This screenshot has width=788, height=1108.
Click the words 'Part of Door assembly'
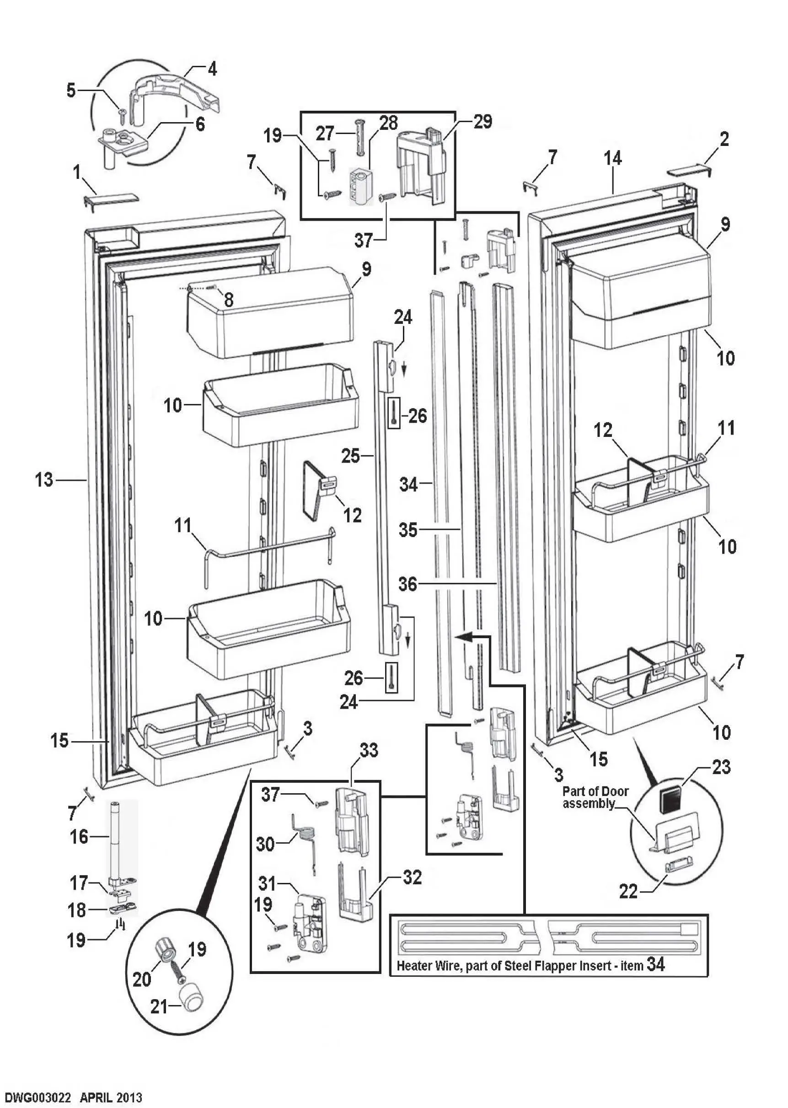(595, 797)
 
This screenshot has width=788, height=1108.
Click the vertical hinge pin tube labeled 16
(118, 839)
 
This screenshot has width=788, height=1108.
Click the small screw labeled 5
(122, 115)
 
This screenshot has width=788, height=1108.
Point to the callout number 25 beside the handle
(350, 456)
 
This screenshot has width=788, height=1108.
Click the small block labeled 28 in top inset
(360, 186)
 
